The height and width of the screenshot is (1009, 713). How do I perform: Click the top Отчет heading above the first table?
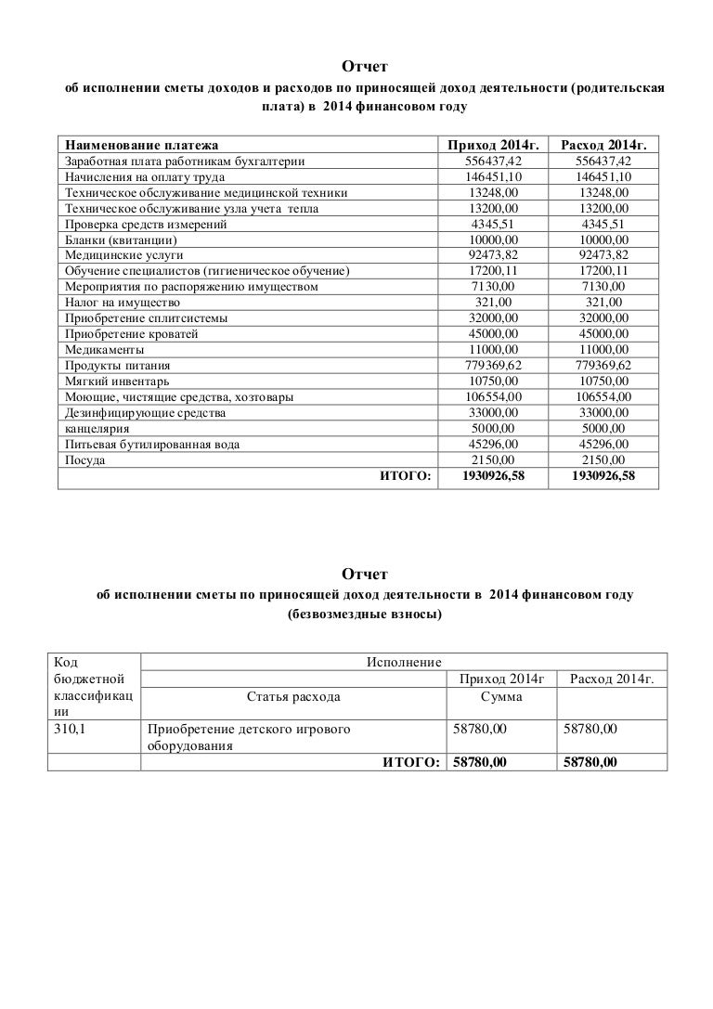click(363, 67)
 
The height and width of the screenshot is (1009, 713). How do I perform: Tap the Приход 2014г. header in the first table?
click(492, 146)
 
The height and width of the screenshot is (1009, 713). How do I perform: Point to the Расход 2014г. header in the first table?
click(603, 146)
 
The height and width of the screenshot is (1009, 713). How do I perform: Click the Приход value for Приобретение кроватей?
click(492, 334)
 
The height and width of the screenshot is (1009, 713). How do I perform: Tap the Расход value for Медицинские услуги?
click(603, 255)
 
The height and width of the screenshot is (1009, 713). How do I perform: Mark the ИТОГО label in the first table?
click(406, 477)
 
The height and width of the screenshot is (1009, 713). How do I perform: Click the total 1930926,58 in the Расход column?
click(603, 477)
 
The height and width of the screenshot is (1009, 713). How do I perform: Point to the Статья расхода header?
click(293, 696)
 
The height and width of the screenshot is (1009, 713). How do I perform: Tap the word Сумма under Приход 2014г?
click(500, 696)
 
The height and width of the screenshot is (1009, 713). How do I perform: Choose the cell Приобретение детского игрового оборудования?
click(249, 739)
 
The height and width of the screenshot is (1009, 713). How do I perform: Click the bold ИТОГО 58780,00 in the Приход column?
click(479, 762)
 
